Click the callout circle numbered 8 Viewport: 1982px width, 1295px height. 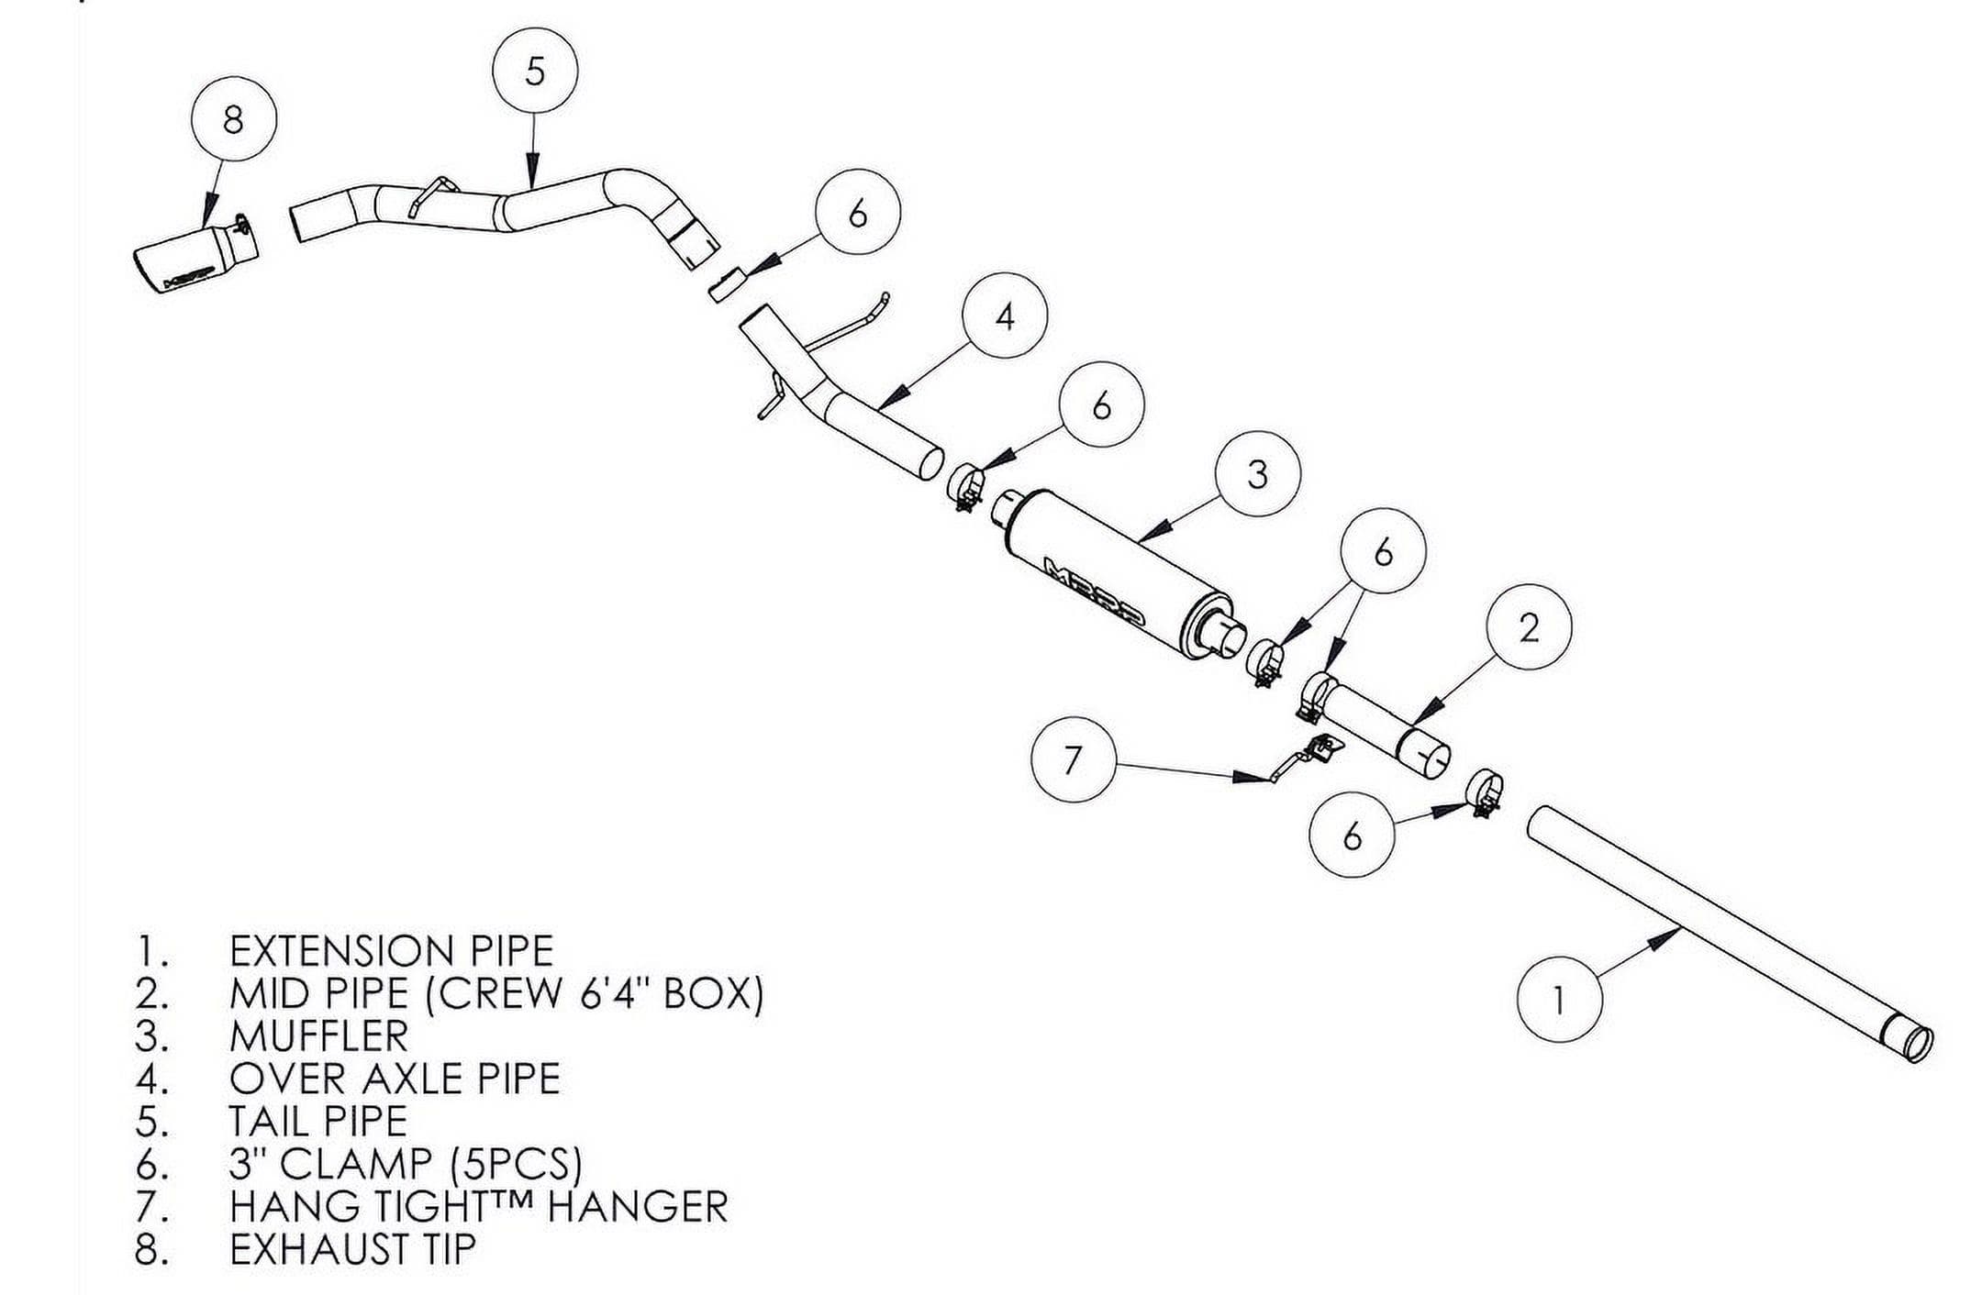[234, 119]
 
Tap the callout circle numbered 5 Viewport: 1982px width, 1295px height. [535, 71]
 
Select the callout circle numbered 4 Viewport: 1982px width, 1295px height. [1006, 316]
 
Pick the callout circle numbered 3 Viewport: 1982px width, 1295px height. [1257, 474]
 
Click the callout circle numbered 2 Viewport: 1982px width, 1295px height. [1529, 627]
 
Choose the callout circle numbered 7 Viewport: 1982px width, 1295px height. [1073, 759]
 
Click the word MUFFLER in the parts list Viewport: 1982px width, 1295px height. [318, 1036]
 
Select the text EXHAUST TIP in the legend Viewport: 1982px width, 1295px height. [352, 1249]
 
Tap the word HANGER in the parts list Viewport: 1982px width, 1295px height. [637, 1206]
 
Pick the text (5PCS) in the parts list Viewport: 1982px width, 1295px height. [518, 1164]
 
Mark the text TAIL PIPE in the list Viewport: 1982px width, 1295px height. [317, 1122]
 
